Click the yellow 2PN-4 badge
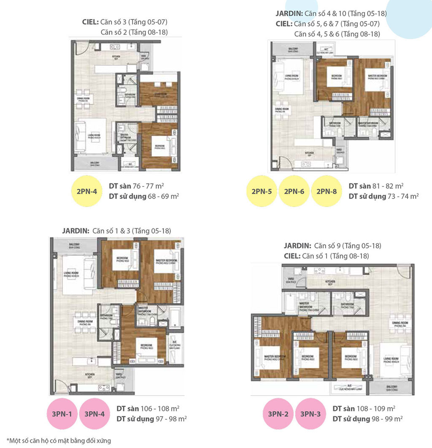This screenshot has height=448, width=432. click(x=87, y=191)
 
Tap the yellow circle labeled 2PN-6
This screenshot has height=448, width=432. click(x=294, y=191)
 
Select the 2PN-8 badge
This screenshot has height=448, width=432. click(x=327, y=191)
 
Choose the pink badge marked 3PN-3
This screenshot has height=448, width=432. click(x=310, y=414)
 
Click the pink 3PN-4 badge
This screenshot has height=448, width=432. click(x=94, y=414)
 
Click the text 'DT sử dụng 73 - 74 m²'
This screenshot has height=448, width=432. click(x=383, y=196)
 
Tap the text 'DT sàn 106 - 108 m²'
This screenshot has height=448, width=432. click(x=148, y=409)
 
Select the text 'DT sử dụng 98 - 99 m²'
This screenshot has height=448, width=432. click(x=367, y=418)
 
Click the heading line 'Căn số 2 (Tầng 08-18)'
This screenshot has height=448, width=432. click(x=137, y=32)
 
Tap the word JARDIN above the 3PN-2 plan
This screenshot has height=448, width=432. click(x=297, y=246)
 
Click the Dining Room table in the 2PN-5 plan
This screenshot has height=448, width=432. click(x=281, y=110)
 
